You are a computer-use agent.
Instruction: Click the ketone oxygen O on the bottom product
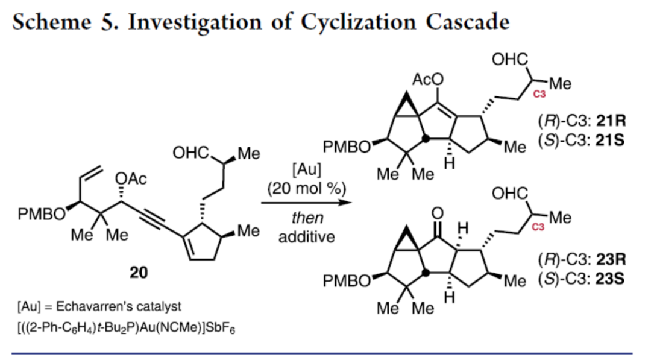click(x=438, y=212)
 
